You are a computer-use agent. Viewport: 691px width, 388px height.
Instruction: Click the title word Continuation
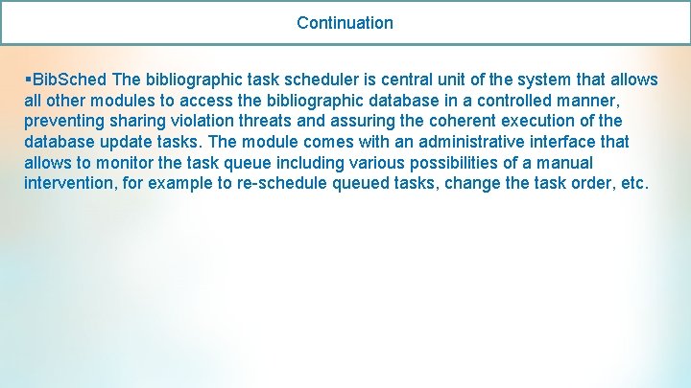click(x=345, y=22)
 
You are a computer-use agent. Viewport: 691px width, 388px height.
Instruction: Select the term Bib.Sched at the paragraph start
click(x=69, y=79)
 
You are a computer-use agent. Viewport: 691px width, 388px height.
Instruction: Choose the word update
click(x=119, y=142)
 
